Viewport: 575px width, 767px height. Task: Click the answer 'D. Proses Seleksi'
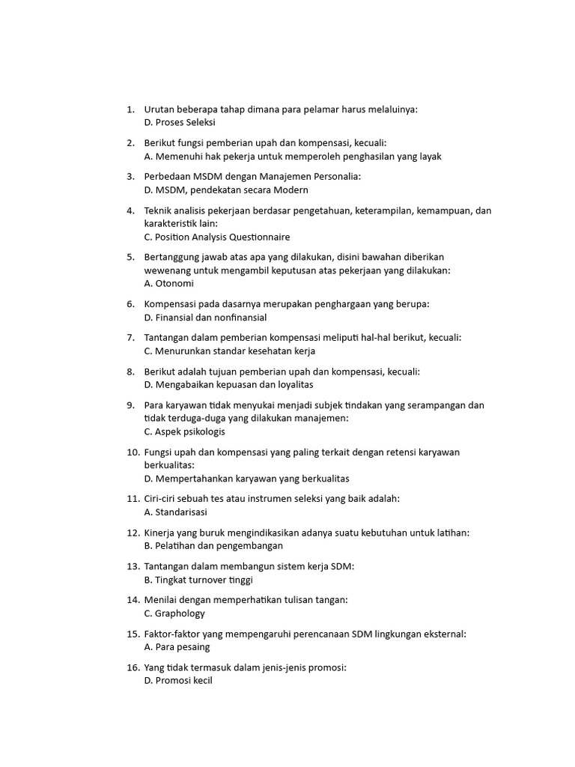[180, 122]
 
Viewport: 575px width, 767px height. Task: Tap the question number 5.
[130, 257]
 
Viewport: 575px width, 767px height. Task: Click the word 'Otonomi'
[174, 284]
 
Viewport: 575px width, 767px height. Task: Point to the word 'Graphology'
[180, 613]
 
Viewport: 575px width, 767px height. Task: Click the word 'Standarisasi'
[181, 512]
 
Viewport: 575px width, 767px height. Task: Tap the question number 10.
[133, 452]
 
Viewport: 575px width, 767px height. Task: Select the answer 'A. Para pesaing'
[177, 647]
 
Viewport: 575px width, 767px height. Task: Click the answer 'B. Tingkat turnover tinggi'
[198, 580]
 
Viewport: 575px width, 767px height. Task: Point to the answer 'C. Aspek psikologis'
[184, 431]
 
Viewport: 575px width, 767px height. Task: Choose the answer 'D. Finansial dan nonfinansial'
[205, 318]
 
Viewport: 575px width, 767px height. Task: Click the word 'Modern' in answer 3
[270, 190]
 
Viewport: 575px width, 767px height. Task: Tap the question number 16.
[133, 667]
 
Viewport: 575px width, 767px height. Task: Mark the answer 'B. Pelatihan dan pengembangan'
[208, 546]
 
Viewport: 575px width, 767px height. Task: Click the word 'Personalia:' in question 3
[337, 176]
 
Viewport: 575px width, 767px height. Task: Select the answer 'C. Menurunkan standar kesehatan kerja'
[230, 351]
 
